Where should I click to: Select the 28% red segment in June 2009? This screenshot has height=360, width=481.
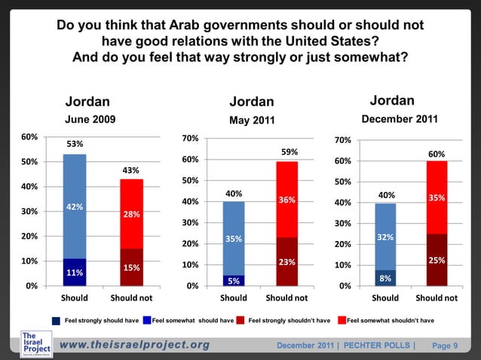[x=131, y=214]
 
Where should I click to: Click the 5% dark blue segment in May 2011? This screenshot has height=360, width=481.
[x=234, y=280]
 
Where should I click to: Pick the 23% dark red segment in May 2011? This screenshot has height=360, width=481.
[x=287, y=261]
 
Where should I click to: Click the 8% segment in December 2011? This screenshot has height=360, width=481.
[x=385, y=278]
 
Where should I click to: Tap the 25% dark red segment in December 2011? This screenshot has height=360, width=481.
[x=437, y=260]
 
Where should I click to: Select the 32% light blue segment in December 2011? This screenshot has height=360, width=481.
[x=385, y=236]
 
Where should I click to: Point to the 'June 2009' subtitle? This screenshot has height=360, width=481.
[x=90, y=119]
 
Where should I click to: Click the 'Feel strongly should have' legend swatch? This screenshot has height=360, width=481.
[x=57, y=321]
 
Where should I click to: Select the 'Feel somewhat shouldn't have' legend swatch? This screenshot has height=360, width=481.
[x=340, y=321]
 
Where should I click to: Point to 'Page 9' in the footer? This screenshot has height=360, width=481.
[x=445, y=346]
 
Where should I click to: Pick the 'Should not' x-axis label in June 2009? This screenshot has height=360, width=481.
[x=131, y=297]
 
